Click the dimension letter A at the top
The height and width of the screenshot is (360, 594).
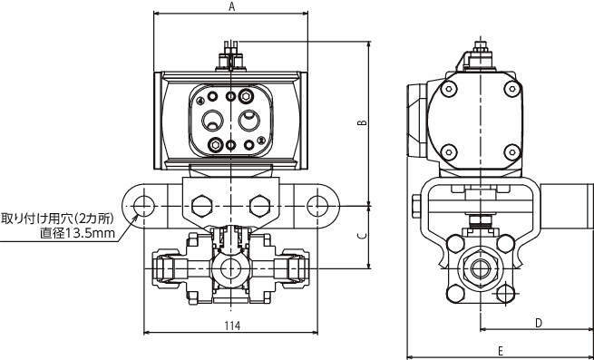[232, 6]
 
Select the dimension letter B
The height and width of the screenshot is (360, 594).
[363, 122]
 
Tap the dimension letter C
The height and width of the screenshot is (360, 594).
[363, 237]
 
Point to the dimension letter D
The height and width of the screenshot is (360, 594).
[539, 323]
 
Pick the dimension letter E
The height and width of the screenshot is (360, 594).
[501, 351]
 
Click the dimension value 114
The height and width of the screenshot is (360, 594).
[232, 326]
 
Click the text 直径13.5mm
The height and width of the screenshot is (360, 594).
[78, 233]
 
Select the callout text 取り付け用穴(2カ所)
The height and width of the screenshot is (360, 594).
[57, 219]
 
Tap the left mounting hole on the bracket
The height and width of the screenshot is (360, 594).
[144, 206]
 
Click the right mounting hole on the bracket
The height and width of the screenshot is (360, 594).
[317, 206]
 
